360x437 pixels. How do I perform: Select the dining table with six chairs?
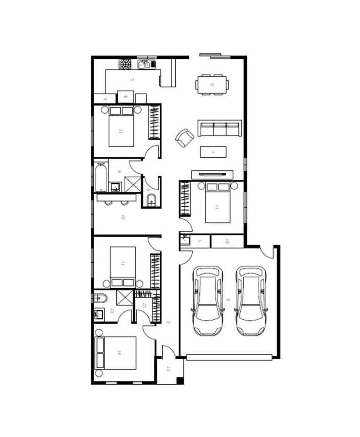(212, 85)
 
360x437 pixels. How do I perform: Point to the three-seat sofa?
(219, 128)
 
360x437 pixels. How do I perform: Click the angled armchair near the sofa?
(185, 138)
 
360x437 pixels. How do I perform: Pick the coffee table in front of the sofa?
(213, 152)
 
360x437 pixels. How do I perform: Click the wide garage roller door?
(229, 357)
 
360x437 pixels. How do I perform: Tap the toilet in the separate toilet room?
(151, 200)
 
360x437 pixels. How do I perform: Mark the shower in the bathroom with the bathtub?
(132, 184)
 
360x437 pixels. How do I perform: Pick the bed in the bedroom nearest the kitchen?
(122, 127)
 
